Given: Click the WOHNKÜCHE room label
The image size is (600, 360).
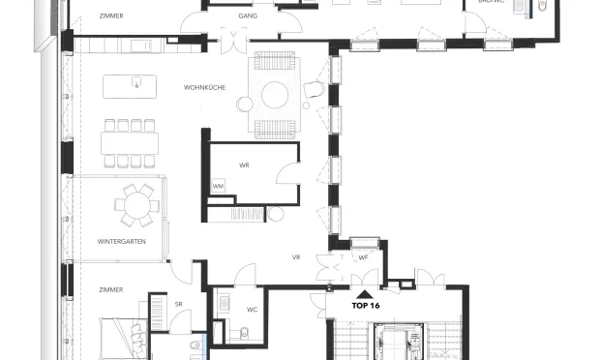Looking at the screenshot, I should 204,88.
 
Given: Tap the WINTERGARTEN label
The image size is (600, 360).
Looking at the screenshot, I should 121,241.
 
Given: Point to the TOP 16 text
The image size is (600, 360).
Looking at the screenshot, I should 365,304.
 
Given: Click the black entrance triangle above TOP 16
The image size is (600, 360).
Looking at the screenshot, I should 364,292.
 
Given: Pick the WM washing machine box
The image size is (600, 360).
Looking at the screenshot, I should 218,186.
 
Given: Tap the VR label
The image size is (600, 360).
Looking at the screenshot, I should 297,257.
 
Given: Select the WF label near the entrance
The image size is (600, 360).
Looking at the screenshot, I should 363,257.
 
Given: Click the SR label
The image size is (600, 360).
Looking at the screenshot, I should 178,305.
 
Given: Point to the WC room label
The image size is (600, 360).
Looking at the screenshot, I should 251,310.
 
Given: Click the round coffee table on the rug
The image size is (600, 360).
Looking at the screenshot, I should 273,94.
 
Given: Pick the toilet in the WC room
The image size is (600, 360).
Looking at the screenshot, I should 244,334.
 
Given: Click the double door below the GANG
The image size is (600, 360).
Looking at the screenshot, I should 233,41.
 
